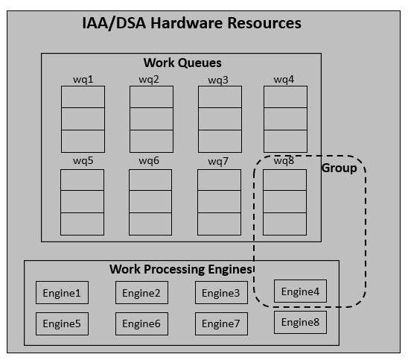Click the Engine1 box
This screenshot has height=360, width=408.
click(63, 292)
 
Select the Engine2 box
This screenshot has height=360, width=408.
click(141, 292)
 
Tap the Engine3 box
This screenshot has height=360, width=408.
click(221, 292)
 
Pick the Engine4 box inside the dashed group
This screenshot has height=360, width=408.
click(300, 291)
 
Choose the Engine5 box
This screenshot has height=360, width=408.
click(63, 323)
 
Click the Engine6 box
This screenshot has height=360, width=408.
click(141, 323)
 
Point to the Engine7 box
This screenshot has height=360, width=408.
click(221, 323)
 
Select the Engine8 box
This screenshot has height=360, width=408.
click(300, 322)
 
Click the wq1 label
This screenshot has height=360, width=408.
click(83, 80)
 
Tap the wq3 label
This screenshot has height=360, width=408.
click(218, 80)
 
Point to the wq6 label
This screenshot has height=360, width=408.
click(149, 161)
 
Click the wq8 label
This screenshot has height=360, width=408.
click(284, 161)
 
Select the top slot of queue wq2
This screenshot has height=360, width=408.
click(151, 97)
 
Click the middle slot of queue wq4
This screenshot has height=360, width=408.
click(285, 119)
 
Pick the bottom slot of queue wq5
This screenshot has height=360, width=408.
click(82, 224)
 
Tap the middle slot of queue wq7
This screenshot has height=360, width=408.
click(219, 202)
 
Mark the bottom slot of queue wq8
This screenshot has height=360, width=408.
click(284, 224)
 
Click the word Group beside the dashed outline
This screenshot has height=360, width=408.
click(340, 168)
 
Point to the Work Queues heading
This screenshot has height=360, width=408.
click(182, 63)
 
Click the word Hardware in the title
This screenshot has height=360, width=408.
click(187, 23)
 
